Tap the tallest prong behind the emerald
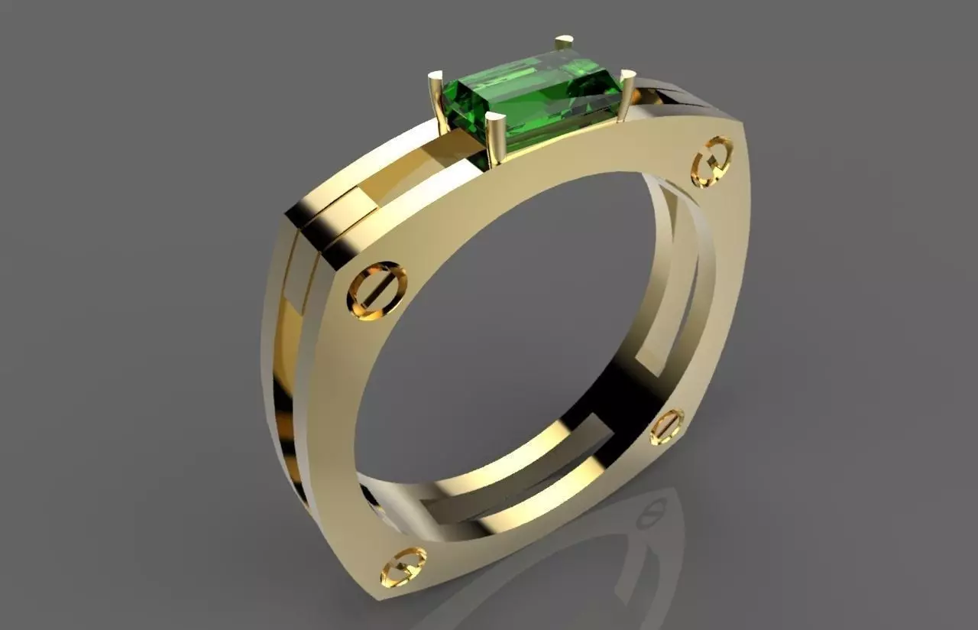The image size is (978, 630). tap(565, 42)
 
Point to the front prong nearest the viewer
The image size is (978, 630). tap(495, 138)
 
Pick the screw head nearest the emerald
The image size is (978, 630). tap(711, 161)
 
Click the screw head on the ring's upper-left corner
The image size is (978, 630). tap(377, 290)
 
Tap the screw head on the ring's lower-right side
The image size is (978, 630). tap(667, 427)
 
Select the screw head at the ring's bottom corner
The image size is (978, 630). tap(403, 566)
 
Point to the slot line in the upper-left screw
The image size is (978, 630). tap(377, 291)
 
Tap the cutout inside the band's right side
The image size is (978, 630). tap(672, 291)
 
